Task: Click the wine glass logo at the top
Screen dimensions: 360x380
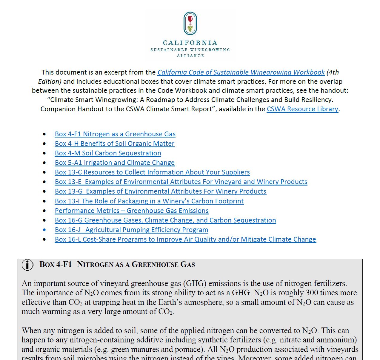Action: (x=190, y=24)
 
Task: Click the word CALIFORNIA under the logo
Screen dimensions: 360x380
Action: (x=190, y=43)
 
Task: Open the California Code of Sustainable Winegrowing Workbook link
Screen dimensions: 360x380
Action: (x=241, y=72)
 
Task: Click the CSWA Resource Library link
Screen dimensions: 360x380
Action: (x=302, y=109)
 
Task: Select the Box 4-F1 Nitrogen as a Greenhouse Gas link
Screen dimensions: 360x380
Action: (x=115, y=134)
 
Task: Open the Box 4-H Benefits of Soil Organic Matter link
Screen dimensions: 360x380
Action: (x=114, y=144)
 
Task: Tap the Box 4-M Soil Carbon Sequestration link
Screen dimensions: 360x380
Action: (x=108, y=153)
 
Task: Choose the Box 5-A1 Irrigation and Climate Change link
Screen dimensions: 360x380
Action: (x=115, y=163)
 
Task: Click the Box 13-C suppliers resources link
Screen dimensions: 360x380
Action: (x=152, y=172)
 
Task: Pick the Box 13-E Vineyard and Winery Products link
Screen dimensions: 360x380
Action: (x=181, y=182)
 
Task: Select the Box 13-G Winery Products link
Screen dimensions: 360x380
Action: (x=160, y=191)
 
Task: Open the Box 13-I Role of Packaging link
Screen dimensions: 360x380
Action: (x=149, y=201)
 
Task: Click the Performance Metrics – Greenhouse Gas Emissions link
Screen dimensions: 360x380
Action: (x=131, y=211)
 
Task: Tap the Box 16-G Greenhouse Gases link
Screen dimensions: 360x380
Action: (x=165, y=220)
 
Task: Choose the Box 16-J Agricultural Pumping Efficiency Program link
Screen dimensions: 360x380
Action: (x=131, y=230)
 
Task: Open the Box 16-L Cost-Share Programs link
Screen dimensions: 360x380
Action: (x=185, y=240)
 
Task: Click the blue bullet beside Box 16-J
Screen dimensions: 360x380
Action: (x=44, y=230)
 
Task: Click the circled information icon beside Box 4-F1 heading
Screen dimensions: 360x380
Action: (x=27, y=265)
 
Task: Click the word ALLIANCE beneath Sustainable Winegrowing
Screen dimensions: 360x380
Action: (x=190, y=56)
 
